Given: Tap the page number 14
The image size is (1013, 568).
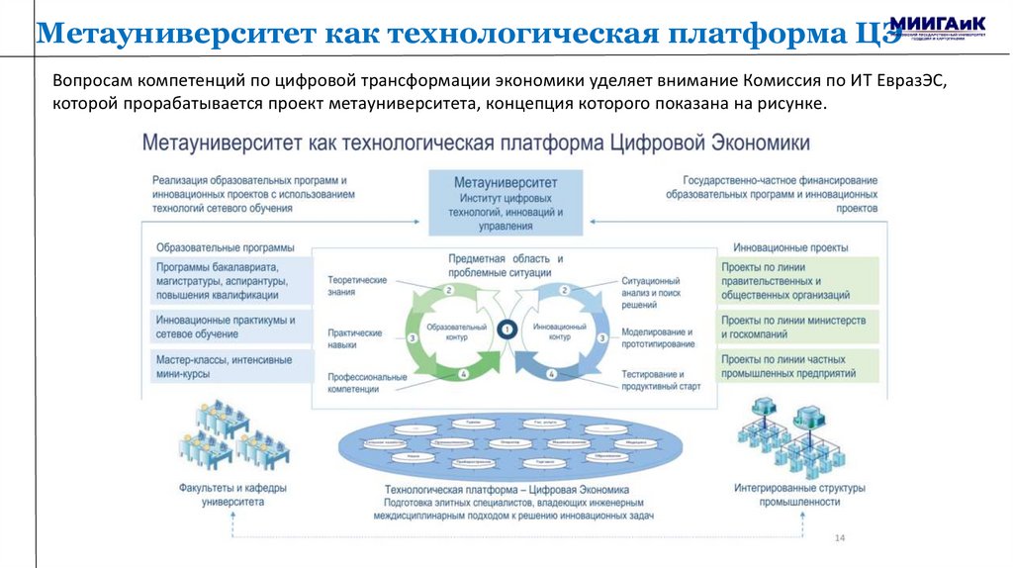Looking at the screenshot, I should [840, 537].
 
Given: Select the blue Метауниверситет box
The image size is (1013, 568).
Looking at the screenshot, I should [506, 203].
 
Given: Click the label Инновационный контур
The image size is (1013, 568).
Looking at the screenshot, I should [561, 331].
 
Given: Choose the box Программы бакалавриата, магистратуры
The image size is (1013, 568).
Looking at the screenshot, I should [227, 281].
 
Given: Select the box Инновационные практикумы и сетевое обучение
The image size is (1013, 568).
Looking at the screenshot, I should [227, 327].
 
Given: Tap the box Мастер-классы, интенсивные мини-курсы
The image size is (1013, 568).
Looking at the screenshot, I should [227, 367].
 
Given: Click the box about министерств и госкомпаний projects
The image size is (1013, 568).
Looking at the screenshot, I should [796, 328].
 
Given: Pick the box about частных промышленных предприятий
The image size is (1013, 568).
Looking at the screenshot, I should [796, 366].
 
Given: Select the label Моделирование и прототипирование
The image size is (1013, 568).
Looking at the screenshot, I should [658, 337].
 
